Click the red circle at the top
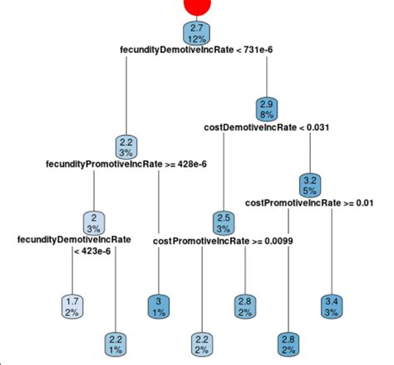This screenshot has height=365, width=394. coord(196,7)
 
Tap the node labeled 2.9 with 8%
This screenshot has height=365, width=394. coord(266,109)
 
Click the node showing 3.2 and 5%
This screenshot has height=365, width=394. coord(308,183)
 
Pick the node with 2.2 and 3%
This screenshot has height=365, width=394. coord(126,146)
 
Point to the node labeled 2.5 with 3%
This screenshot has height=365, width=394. coord(223,222)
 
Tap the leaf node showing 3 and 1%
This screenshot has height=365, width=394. coord(159,304)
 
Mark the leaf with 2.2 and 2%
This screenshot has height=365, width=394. coord(201,342)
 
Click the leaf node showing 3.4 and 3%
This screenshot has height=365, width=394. coord(331,304)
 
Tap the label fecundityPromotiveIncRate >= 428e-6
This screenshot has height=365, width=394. coord(126,164)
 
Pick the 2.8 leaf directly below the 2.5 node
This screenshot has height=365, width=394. coord(244,304)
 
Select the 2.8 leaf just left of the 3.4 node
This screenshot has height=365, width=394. coord(288,342)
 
